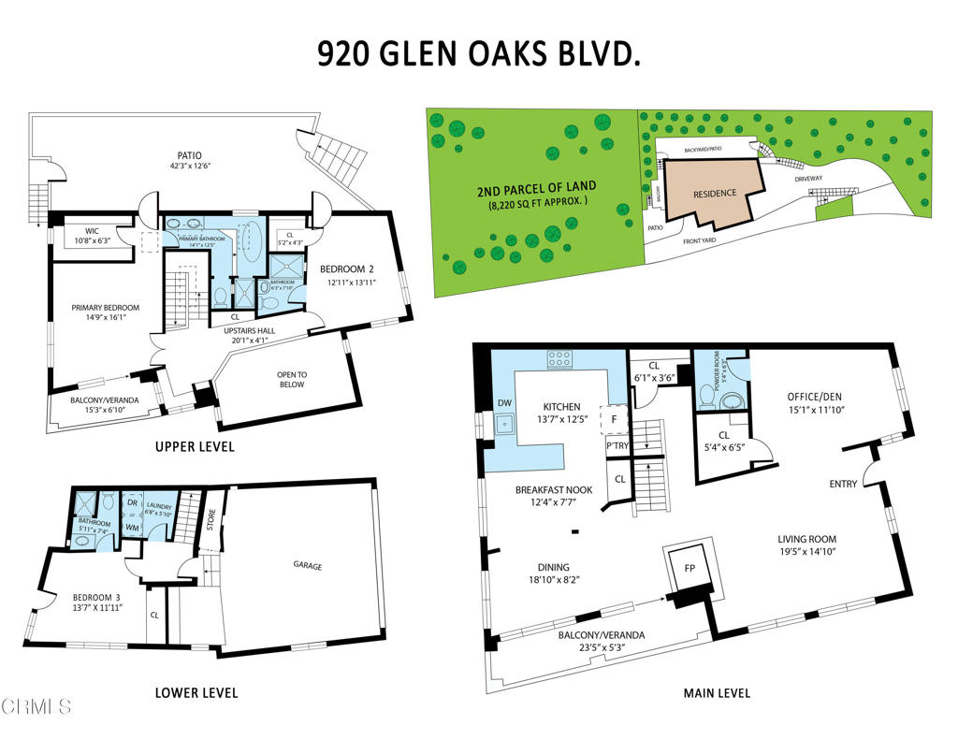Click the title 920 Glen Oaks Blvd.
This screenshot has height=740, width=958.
point(479,53)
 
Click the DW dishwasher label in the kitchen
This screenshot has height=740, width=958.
point(506,403)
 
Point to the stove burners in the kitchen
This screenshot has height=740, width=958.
point(560,355)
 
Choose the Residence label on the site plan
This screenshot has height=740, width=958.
point(715,194)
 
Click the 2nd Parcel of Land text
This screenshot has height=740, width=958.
point(536,187)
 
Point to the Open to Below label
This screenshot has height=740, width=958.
point(292,378)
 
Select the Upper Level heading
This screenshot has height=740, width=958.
point(195,447)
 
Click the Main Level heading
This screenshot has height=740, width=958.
point(718,693)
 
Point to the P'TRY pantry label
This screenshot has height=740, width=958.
point(617,446)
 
